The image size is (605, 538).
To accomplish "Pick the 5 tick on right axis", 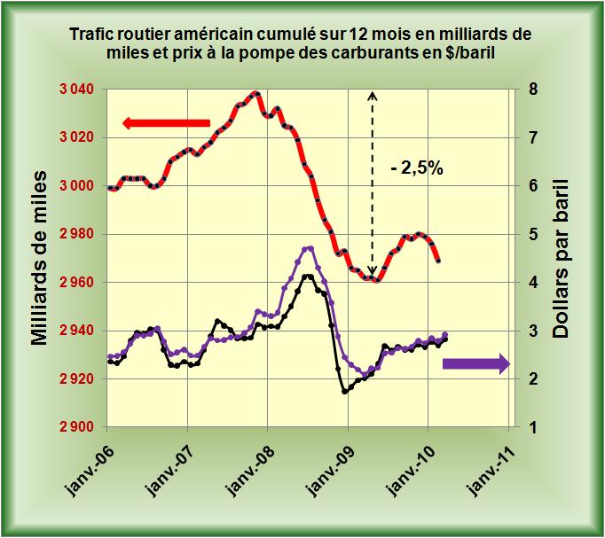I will point(531,234).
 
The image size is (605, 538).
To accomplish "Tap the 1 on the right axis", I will point(531,427).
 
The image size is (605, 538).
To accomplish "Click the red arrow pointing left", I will point(167,122).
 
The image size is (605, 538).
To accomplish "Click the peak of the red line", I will point(255,92).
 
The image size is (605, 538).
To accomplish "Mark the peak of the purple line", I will point(309,248).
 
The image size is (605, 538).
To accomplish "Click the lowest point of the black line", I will point(344,391).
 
